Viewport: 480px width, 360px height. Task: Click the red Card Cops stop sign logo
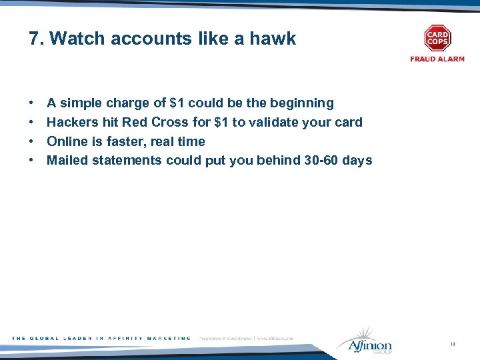click(x=437, y=38)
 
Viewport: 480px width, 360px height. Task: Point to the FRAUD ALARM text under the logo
click(x=437, y=59)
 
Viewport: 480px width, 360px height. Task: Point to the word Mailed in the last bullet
click(x=67, y=161)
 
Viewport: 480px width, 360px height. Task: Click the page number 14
click(x=453, y=344)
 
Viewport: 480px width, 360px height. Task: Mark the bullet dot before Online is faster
click(x=32, y=141)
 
